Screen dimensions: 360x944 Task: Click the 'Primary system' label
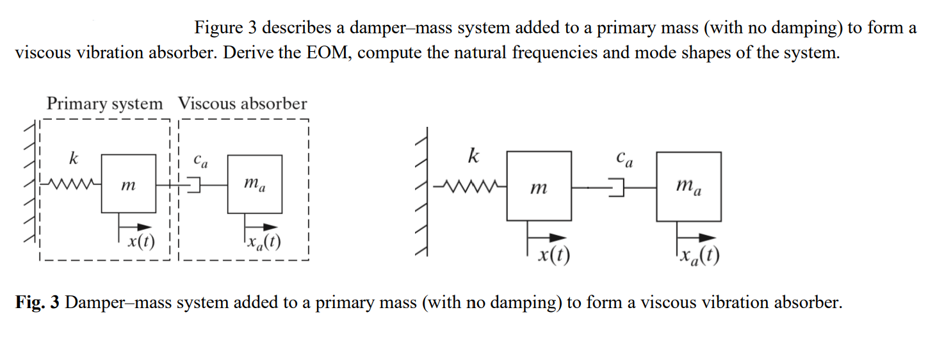point(104,104)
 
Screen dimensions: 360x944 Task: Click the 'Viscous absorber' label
point(242,104)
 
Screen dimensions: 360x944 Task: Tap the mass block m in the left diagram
point(128,184)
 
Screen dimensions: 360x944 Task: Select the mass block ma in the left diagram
point(254,184)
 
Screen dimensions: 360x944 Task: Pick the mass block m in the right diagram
point(539,186)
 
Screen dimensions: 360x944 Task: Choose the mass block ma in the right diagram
point(688,186)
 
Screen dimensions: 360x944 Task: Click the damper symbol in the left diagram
point(192,184)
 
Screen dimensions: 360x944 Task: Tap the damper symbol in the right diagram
point(616,188)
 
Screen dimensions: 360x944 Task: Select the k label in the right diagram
point(473,156)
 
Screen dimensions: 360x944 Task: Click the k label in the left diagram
point(74,158)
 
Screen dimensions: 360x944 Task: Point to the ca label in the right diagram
point(623,158)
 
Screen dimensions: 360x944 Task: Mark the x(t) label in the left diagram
point(140,242)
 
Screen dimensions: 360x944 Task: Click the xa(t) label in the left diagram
point(263,242)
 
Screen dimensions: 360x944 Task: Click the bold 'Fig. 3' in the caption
point(37,302)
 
